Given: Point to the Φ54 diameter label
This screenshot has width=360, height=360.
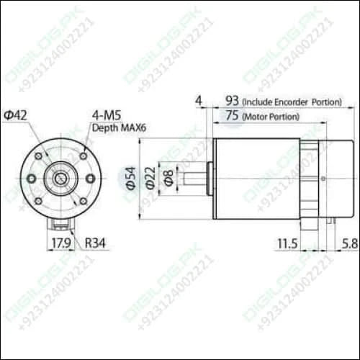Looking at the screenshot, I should (x=130, y=179).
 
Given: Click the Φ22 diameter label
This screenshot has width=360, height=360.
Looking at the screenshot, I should (x=150, y=179).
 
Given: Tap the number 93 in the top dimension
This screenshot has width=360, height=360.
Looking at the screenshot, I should (x=233, y=101).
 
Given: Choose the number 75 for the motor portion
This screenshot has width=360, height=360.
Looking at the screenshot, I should (x=233, y=115).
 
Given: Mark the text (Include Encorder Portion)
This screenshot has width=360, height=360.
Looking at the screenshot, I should (x=292, y=102).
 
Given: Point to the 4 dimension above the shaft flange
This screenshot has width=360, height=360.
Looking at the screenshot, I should (x=198, y=101).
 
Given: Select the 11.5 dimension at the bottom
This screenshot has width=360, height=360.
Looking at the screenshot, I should (x=286, y=244).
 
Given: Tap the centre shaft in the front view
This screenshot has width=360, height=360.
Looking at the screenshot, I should (x=60, y=178).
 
